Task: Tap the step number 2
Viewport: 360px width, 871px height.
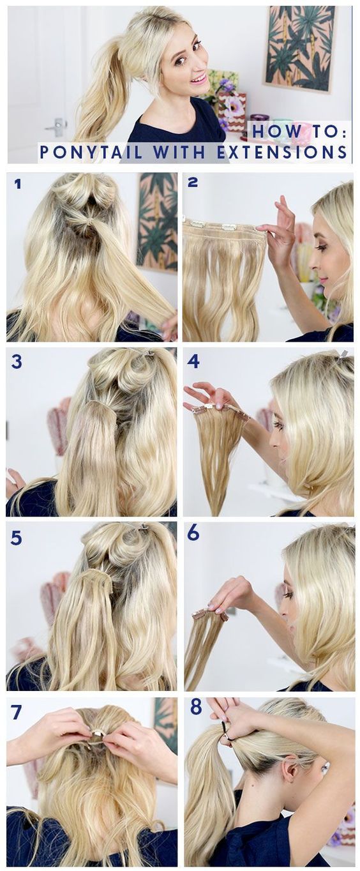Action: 193,182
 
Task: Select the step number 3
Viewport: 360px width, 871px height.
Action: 17,362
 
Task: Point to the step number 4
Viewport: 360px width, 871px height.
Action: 193,361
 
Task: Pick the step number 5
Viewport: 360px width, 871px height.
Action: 17,538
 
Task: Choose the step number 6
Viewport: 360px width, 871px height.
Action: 193,534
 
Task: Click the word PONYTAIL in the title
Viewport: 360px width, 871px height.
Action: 91,151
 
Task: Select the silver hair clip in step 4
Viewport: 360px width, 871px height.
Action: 343,354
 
